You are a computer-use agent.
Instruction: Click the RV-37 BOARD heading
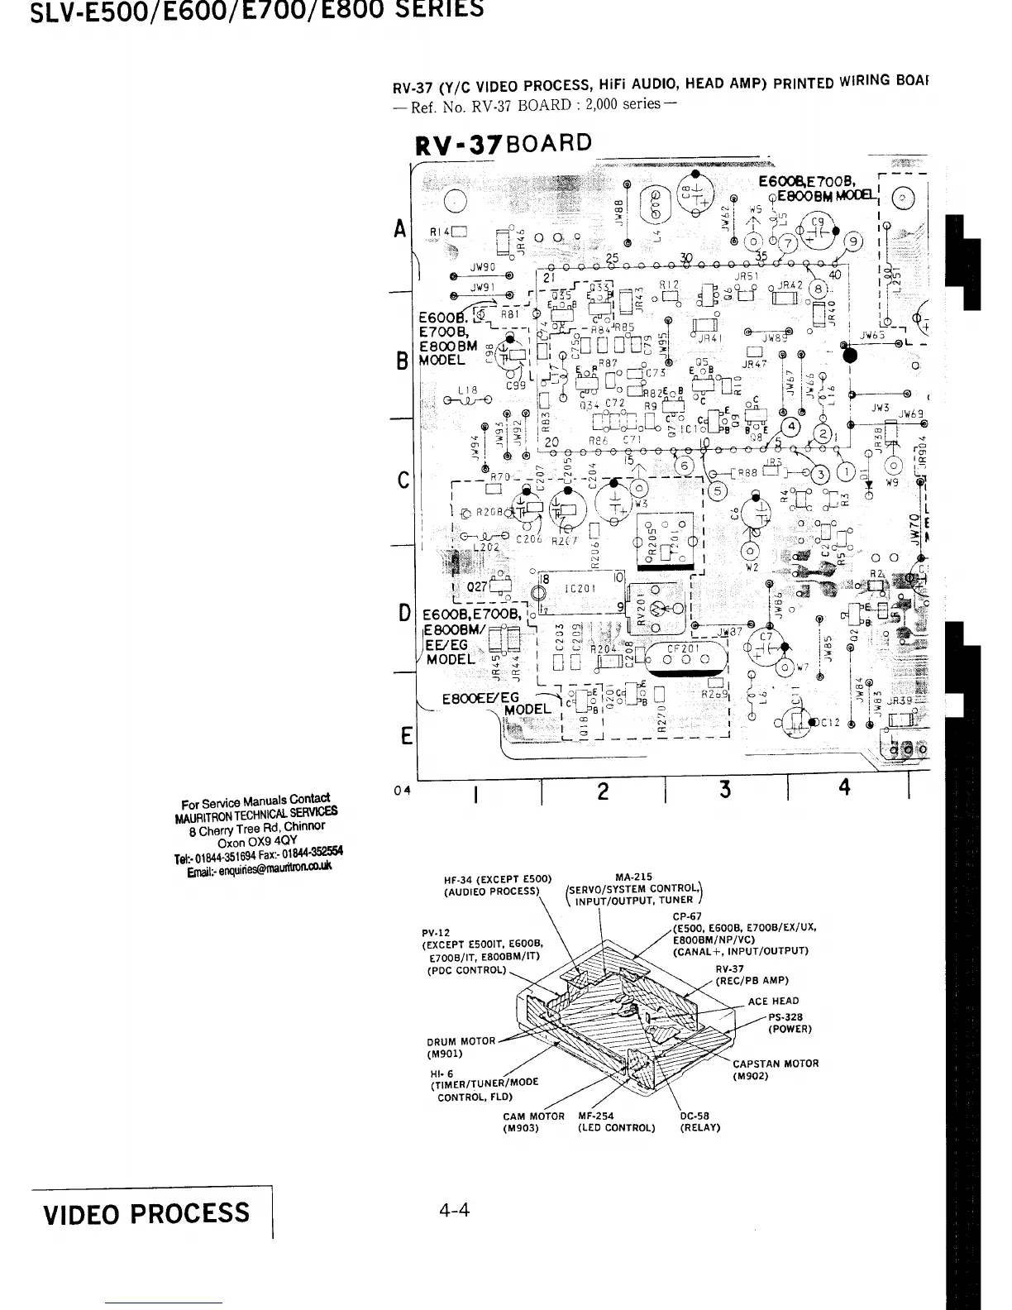(x=504, y=144)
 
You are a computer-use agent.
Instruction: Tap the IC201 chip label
(x=577, y=589)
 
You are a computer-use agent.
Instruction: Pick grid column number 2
(x=603, y=791)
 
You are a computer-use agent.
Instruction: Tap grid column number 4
(x=844, y=788)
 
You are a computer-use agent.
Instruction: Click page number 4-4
(x=454, y=1211)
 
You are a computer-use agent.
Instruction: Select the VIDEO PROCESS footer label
(x=146, y=1213)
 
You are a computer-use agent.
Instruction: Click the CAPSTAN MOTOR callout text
(x=775, y=1069)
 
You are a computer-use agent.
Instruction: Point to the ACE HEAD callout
(x=773, y=1001)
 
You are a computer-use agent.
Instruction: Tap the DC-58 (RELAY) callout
(x=699, y=1121)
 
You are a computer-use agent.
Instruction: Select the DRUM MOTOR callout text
(x=461, y=1047)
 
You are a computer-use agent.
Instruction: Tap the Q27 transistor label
(x=479, y=588)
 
